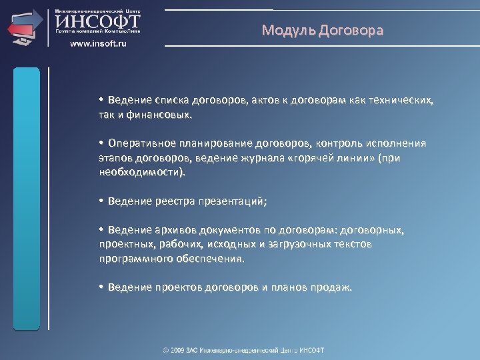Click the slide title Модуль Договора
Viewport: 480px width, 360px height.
point(323,31)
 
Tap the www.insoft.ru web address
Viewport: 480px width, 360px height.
point(98,43)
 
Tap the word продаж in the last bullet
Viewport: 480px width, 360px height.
point(335,287)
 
